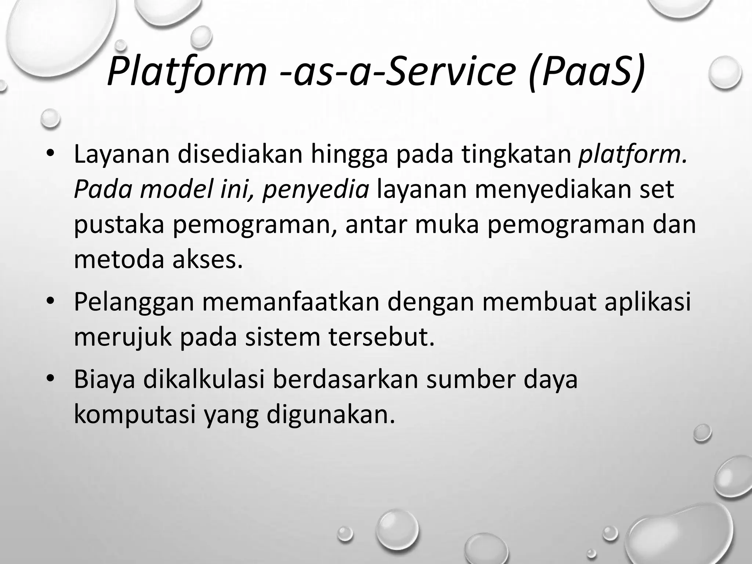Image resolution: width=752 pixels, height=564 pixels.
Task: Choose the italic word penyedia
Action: tap(316, 190)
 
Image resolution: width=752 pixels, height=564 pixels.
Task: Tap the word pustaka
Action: tap(119, 225)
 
